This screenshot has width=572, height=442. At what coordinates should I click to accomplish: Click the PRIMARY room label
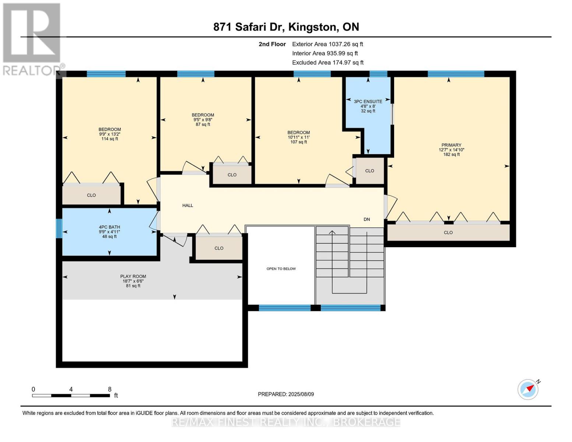tap(451, 145)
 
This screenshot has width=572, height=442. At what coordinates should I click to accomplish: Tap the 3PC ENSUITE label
tap(368, 101)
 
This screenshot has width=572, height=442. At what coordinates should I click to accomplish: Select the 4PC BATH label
tap(109, 227)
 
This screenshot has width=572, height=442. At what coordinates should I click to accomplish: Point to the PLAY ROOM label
tap(133, 276)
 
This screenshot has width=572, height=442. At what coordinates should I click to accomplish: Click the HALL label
tap(188, 205)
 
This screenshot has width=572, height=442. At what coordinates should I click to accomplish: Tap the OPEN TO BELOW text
tap(281, 269)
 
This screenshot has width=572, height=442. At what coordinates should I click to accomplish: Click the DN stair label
tap(367, 219)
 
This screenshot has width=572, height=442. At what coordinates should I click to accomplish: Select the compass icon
tap(529, 390)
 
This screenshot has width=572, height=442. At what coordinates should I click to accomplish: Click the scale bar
tap(71, 395)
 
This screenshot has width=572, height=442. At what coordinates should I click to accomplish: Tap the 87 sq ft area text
tap(203, 124)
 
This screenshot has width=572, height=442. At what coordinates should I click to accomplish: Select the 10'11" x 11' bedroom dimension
tap(298, 137)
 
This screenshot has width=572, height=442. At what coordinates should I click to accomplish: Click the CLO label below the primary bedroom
tap(448, 232)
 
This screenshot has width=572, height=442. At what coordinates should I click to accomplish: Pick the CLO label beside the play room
tap(219, 248)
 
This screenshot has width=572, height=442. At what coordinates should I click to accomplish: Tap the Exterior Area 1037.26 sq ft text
tap(327, 44)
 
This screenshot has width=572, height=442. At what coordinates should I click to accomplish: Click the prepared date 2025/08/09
tap(301, 394)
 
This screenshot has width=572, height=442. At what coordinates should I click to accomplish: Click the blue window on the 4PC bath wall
tap(59, 228)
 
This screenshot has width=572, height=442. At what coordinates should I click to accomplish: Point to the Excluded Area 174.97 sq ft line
tap(328, 63)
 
